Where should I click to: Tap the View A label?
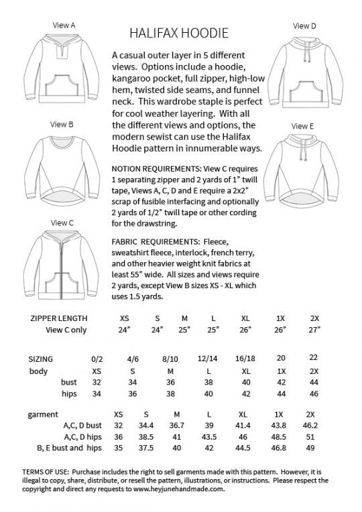click(63, 25)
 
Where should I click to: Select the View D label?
click(304, 25)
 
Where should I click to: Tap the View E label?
click(303, 126)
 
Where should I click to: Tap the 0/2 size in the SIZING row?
click(98, 359)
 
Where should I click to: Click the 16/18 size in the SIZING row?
click(246, 359)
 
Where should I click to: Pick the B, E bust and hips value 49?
click(310, 448)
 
